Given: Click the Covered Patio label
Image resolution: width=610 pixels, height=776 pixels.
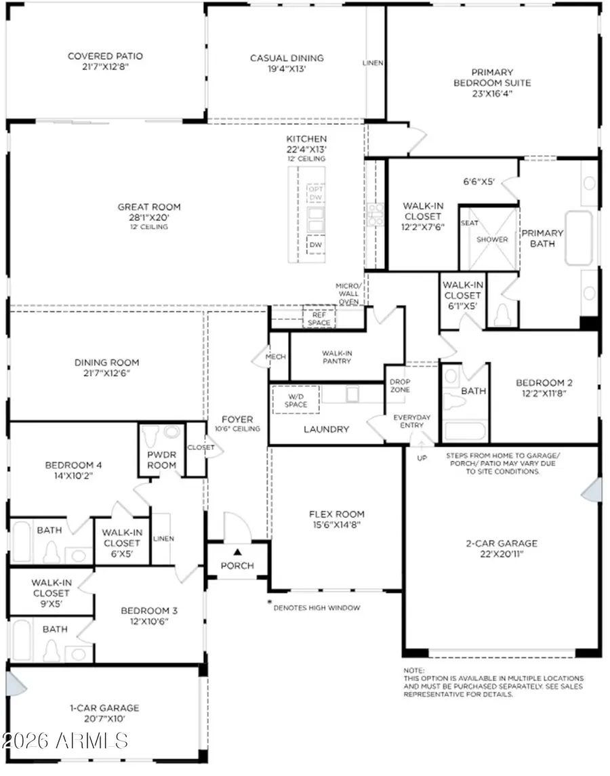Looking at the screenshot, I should (x=105, y=56).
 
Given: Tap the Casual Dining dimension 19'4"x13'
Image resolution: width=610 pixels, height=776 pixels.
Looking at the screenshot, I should (x=287, y=69).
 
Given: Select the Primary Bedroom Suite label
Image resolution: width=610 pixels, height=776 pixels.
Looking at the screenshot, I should (x=492, y=77).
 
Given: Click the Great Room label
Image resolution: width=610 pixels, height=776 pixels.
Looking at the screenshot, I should (x=142, y=207).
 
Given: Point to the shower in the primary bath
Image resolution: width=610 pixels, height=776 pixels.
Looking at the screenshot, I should (x=491, y=239).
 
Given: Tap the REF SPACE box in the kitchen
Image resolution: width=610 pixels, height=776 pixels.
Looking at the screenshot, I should (x=319, y=318).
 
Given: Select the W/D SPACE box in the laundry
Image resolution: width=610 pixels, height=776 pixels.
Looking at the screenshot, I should (x=296, y=400).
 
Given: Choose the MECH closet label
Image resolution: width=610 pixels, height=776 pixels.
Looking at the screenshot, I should (x=277, y=356).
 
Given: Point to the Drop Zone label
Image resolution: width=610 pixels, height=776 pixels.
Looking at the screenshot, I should (x=399, y=385).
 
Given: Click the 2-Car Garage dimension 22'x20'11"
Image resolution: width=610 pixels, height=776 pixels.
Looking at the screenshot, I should (x=502, y=554).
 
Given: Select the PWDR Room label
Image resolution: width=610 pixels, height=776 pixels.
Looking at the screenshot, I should (x=162, y=460).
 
